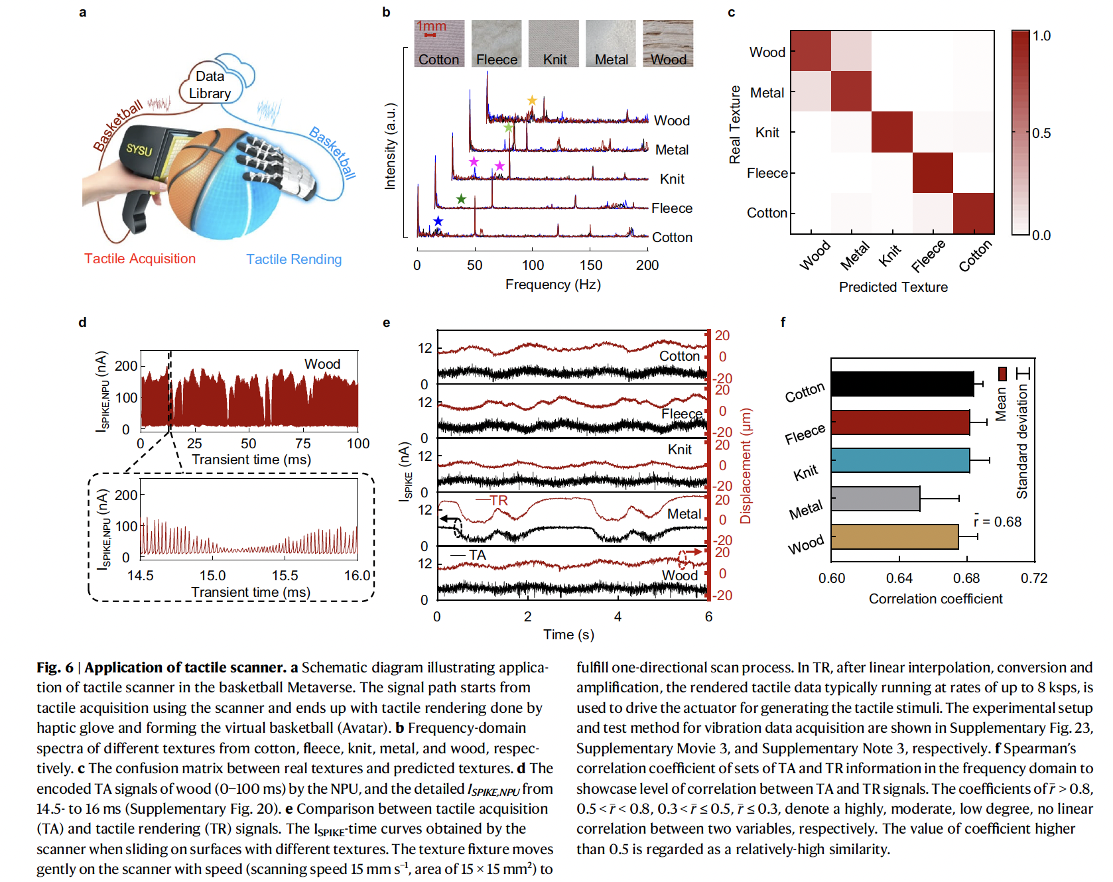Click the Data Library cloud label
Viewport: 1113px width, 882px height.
click(210, 85)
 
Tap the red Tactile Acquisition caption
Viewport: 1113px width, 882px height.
click(139, 259)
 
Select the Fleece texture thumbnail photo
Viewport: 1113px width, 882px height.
click(496, 43)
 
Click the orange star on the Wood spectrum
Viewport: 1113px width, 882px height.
click(532, 100)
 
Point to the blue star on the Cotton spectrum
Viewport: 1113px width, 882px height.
click(438, 221)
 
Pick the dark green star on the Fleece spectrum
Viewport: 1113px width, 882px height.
click(461, 199)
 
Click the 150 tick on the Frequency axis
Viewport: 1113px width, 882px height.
click(590, 265)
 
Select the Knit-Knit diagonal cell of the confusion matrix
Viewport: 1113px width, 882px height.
click(891, 132)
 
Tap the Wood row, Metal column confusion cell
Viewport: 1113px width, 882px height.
click(851, 51)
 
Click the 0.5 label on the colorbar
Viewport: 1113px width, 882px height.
click(1041, 133)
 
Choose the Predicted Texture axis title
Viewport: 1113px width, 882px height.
click(893, 287)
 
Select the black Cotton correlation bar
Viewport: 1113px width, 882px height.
click(902, 384)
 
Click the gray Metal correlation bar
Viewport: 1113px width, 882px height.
click(875, 499)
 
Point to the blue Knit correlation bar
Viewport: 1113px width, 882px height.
click(900, 460)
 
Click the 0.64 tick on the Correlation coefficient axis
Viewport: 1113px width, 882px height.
click(899, 578)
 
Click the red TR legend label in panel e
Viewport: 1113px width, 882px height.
click(499, 501)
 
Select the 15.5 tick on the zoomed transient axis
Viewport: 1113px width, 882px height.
click(285, 576)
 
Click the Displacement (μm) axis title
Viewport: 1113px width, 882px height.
click(746, 466)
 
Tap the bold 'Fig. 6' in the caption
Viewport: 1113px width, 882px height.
click(55, 668)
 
